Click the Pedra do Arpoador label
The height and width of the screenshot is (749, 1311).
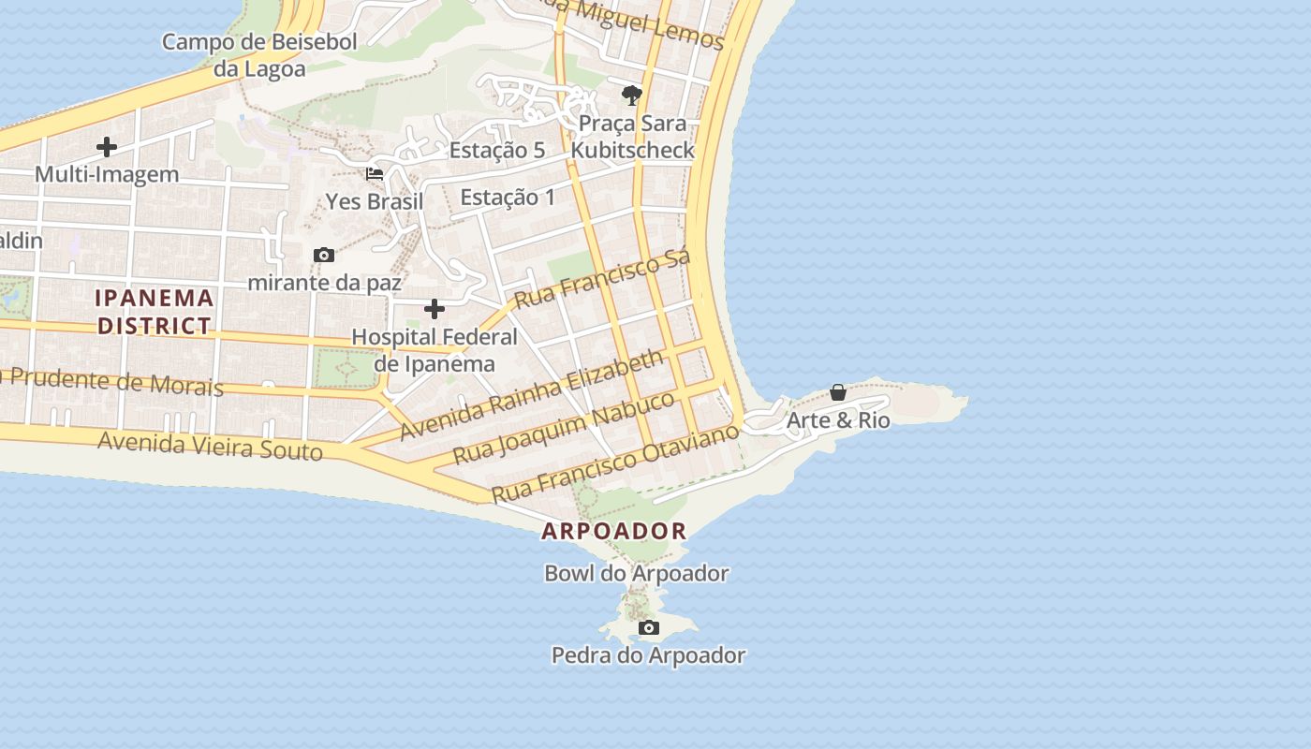tap(648, 655)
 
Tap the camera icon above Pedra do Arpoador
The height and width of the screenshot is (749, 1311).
tap(649, 627)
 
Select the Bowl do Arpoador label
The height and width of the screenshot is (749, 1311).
tap(637, 573)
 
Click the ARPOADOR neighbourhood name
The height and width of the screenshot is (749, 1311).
tap(614, 531)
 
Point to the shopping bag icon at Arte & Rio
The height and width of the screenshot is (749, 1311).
tap(838, 392)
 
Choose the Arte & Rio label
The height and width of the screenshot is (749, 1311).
tap(838, 420)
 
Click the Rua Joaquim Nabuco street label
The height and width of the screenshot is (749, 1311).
tap(563, 428)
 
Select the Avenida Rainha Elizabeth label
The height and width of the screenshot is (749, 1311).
tap(532, 395)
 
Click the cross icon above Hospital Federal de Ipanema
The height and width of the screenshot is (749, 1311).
tap(435, 309)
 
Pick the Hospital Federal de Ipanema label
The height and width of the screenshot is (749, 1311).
tap(435, 350)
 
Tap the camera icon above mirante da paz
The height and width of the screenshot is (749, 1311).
tap(324, 255)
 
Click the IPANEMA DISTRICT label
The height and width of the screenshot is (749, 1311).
tap(155, 312)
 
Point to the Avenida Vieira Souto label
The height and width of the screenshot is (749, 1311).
tap(211, 446)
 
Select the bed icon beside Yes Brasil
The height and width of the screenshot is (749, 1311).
tap(375, 174)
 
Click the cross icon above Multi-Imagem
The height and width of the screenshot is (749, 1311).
tap(107, 147)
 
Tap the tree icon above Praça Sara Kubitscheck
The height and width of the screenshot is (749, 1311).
tap(632, 95)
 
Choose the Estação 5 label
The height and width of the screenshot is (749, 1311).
tap(497, 150)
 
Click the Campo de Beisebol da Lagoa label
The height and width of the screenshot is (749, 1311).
tap(259, 55)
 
